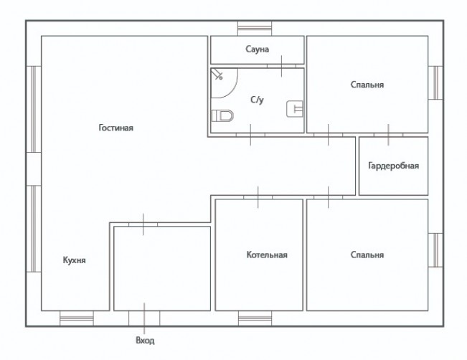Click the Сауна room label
258,49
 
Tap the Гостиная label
116,128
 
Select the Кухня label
74,260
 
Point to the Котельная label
267,255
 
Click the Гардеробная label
393,166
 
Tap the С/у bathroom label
257,100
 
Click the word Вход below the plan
145,341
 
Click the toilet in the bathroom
222,115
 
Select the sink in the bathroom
295,109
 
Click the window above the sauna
255,29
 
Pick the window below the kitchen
77,318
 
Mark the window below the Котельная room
255,318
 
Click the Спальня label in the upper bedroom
367,85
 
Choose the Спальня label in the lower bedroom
367,255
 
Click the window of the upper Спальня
435,82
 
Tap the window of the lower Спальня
435,250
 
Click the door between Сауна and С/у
281,66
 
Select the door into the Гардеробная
388,135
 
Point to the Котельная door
258,197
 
